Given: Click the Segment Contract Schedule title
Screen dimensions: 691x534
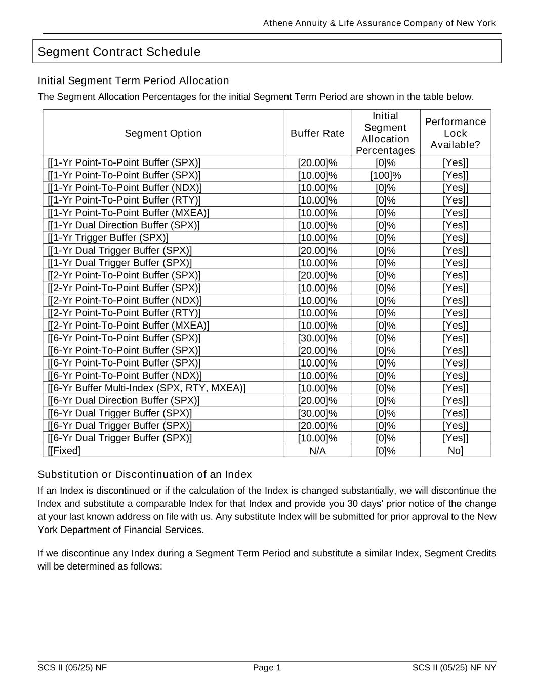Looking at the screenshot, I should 119,52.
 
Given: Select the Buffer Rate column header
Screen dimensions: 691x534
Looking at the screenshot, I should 317,133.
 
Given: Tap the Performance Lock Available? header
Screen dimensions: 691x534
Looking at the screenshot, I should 455,133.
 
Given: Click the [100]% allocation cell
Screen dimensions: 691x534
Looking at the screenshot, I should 385,175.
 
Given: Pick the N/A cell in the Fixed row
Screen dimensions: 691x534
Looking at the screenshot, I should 317,451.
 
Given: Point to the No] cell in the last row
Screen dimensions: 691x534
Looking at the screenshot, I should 455,451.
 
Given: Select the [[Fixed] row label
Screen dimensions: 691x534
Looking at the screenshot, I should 64,451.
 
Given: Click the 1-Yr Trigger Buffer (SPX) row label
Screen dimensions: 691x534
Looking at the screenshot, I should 108,238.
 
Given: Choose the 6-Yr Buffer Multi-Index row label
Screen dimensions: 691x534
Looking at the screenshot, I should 147,388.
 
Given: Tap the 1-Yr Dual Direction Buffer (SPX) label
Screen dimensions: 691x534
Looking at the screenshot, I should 124,225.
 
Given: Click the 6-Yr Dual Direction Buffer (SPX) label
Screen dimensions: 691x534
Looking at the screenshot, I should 124,401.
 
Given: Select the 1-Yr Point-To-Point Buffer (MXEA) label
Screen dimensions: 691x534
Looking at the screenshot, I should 129,213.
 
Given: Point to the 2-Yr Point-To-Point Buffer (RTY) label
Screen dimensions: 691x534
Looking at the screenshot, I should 125,313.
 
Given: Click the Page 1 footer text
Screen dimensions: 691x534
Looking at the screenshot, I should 267,668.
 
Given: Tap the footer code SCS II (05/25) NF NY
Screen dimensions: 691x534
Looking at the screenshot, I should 454,668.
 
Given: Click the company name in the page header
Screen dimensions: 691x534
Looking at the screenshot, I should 379,23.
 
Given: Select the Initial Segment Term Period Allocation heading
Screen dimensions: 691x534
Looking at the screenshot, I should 134,81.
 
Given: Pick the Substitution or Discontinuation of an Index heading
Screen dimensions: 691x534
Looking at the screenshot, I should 145,475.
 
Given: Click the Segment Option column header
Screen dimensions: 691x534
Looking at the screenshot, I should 163,133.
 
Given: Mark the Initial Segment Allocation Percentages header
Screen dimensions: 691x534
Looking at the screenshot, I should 385,133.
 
